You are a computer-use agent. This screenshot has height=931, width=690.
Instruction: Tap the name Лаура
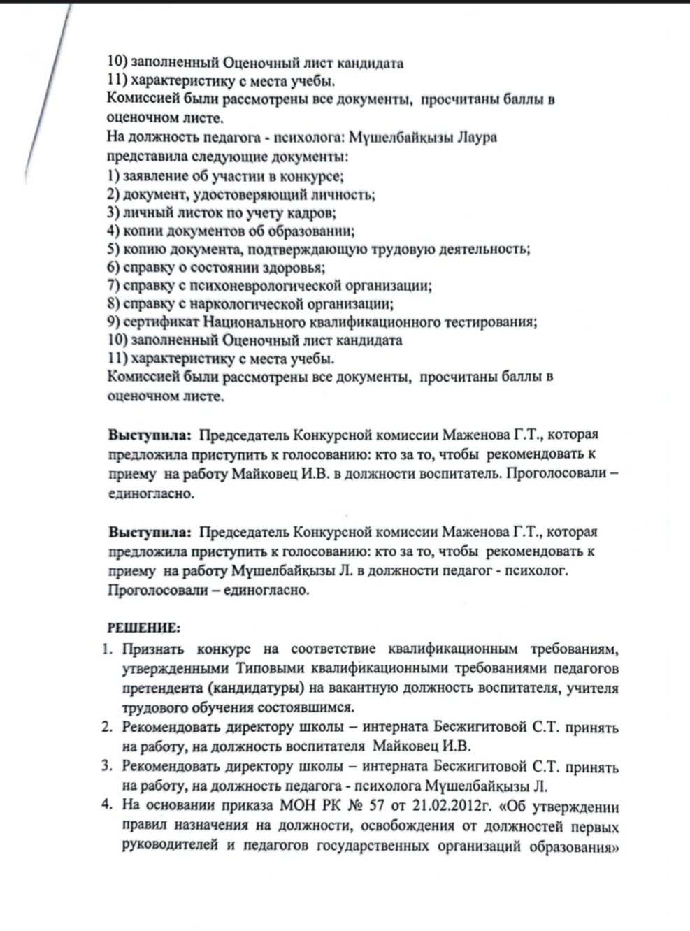click(x=475, y=137)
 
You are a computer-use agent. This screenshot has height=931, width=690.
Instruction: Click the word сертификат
click(x=161, y=322)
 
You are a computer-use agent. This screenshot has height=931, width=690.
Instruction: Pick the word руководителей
click(x=166, y=846)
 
